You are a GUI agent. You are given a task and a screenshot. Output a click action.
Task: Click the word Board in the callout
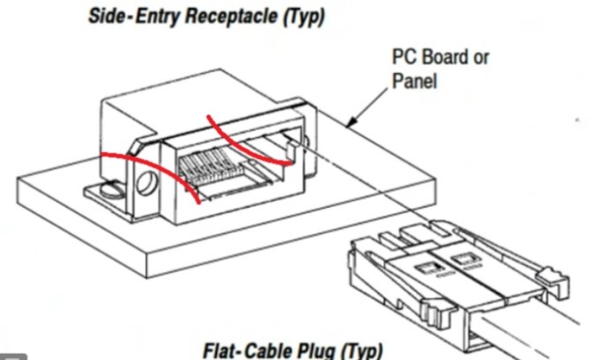point(452,59)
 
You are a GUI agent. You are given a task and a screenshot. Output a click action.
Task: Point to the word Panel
point(416,84)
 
